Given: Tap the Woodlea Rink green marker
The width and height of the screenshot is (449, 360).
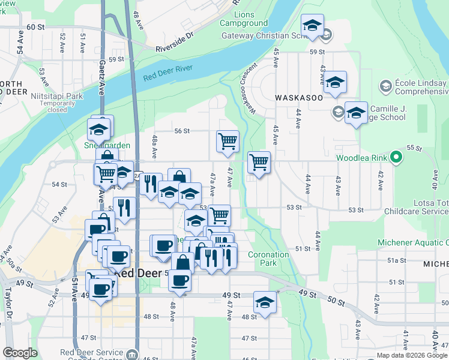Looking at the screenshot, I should (396, 158).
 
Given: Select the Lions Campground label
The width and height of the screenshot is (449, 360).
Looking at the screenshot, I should (244, 19).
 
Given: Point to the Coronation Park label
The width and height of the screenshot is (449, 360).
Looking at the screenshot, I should (268, 259).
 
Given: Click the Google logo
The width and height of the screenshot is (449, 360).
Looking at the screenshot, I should (20, 353).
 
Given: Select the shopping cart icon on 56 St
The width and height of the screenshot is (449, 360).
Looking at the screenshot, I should (228, 142).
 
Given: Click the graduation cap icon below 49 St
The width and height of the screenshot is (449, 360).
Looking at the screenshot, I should (264, 302).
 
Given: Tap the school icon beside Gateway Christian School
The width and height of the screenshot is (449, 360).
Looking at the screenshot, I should (312, 26).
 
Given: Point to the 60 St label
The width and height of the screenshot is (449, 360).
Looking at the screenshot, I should (36, 28).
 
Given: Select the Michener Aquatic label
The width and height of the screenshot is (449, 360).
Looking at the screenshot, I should (412, 242).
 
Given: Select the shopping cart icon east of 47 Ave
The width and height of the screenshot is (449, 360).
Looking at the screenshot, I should (259, 162).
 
